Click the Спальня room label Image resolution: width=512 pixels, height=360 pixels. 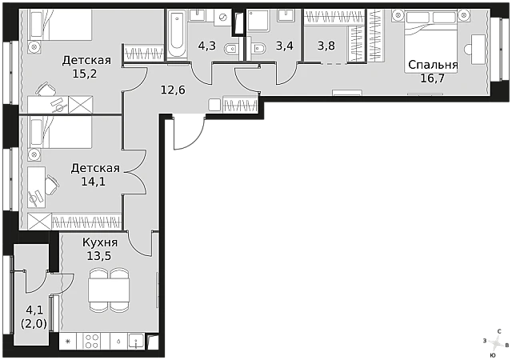[433, 66]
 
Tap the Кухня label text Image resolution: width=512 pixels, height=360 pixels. [100, 242]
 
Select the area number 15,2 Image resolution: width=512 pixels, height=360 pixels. [85, 74]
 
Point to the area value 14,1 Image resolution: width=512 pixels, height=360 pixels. [94, 182]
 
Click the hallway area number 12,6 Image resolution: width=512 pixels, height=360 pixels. [173, 90]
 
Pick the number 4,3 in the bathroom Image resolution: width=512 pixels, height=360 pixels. [207, 46]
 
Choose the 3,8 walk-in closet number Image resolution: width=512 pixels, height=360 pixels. [326, 46]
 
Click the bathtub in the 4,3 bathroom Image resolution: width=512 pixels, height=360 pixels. [177, 35]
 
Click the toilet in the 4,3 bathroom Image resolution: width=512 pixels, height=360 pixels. [232, 49]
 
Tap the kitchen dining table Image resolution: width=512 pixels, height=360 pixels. [109, 290]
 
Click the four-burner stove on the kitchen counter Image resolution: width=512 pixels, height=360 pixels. [92, 341]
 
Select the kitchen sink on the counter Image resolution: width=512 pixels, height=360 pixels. [136, 341]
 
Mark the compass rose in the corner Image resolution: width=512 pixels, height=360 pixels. [496, 344]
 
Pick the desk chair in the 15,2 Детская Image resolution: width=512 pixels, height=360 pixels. [46, 89]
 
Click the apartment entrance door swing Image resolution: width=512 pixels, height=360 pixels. [189, 132]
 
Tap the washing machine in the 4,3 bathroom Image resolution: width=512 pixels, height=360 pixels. [223, 18]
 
